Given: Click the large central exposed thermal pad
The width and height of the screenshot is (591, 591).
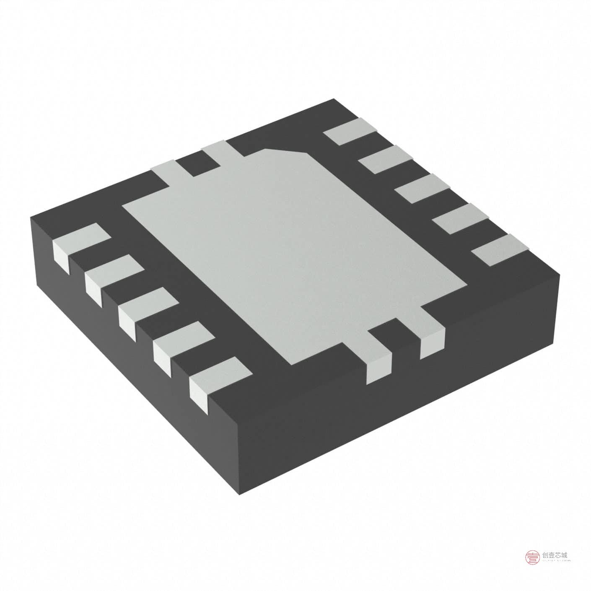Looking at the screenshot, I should pyautogui.click(x=293, y=256).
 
